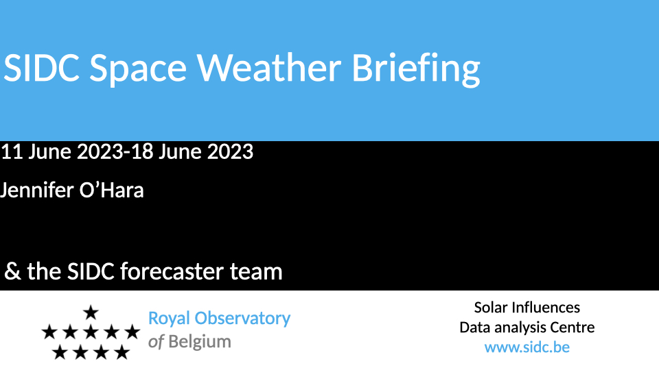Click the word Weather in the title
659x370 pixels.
[269, 67]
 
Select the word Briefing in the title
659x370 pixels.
[416, 70]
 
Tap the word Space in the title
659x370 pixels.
[138, 70]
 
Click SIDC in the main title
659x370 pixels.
[41, 67]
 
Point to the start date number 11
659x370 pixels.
[12, 151]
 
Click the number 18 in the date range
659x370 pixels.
[141, 151]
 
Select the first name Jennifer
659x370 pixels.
[36, 190]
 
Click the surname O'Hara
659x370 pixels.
[111, 190]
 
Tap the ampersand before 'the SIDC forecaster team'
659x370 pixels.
[12, 271]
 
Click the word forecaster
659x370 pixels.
[172, 271]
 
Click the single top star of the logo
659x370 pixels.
[91, 312]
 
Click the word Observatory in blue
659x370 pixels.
[242, 319]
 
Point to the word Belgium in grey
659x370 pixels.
[200, 342]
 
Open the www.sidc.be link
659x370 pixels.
[527, 347]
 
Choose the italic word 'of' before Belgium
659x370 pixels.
[156, 342]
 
